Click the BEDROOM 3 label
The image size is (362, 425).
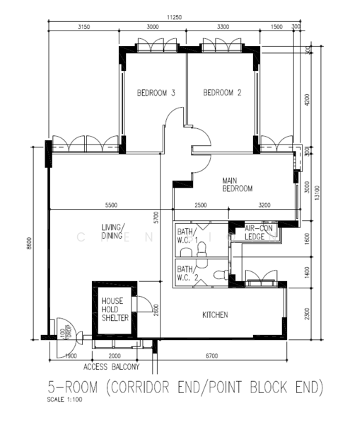(x=156, y=93)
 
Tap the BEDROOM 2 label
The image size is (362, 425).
(x=223, y=93)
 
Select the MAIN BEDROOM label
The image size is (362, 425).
(x=238, y=184)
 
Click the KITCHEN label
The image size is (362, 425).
(x=215, y=314)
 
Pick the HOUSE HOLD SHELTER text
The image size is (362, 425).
(x=115, y=310)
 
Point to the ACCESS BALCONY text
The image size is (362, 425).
(x=111, y=367)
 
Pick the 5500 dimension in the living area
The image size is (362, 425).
(x=110, y=205)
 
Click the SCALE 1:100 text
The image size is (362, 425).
(x=64, y=400)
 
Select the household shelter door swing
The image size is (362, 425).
(x=144, y=305)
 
